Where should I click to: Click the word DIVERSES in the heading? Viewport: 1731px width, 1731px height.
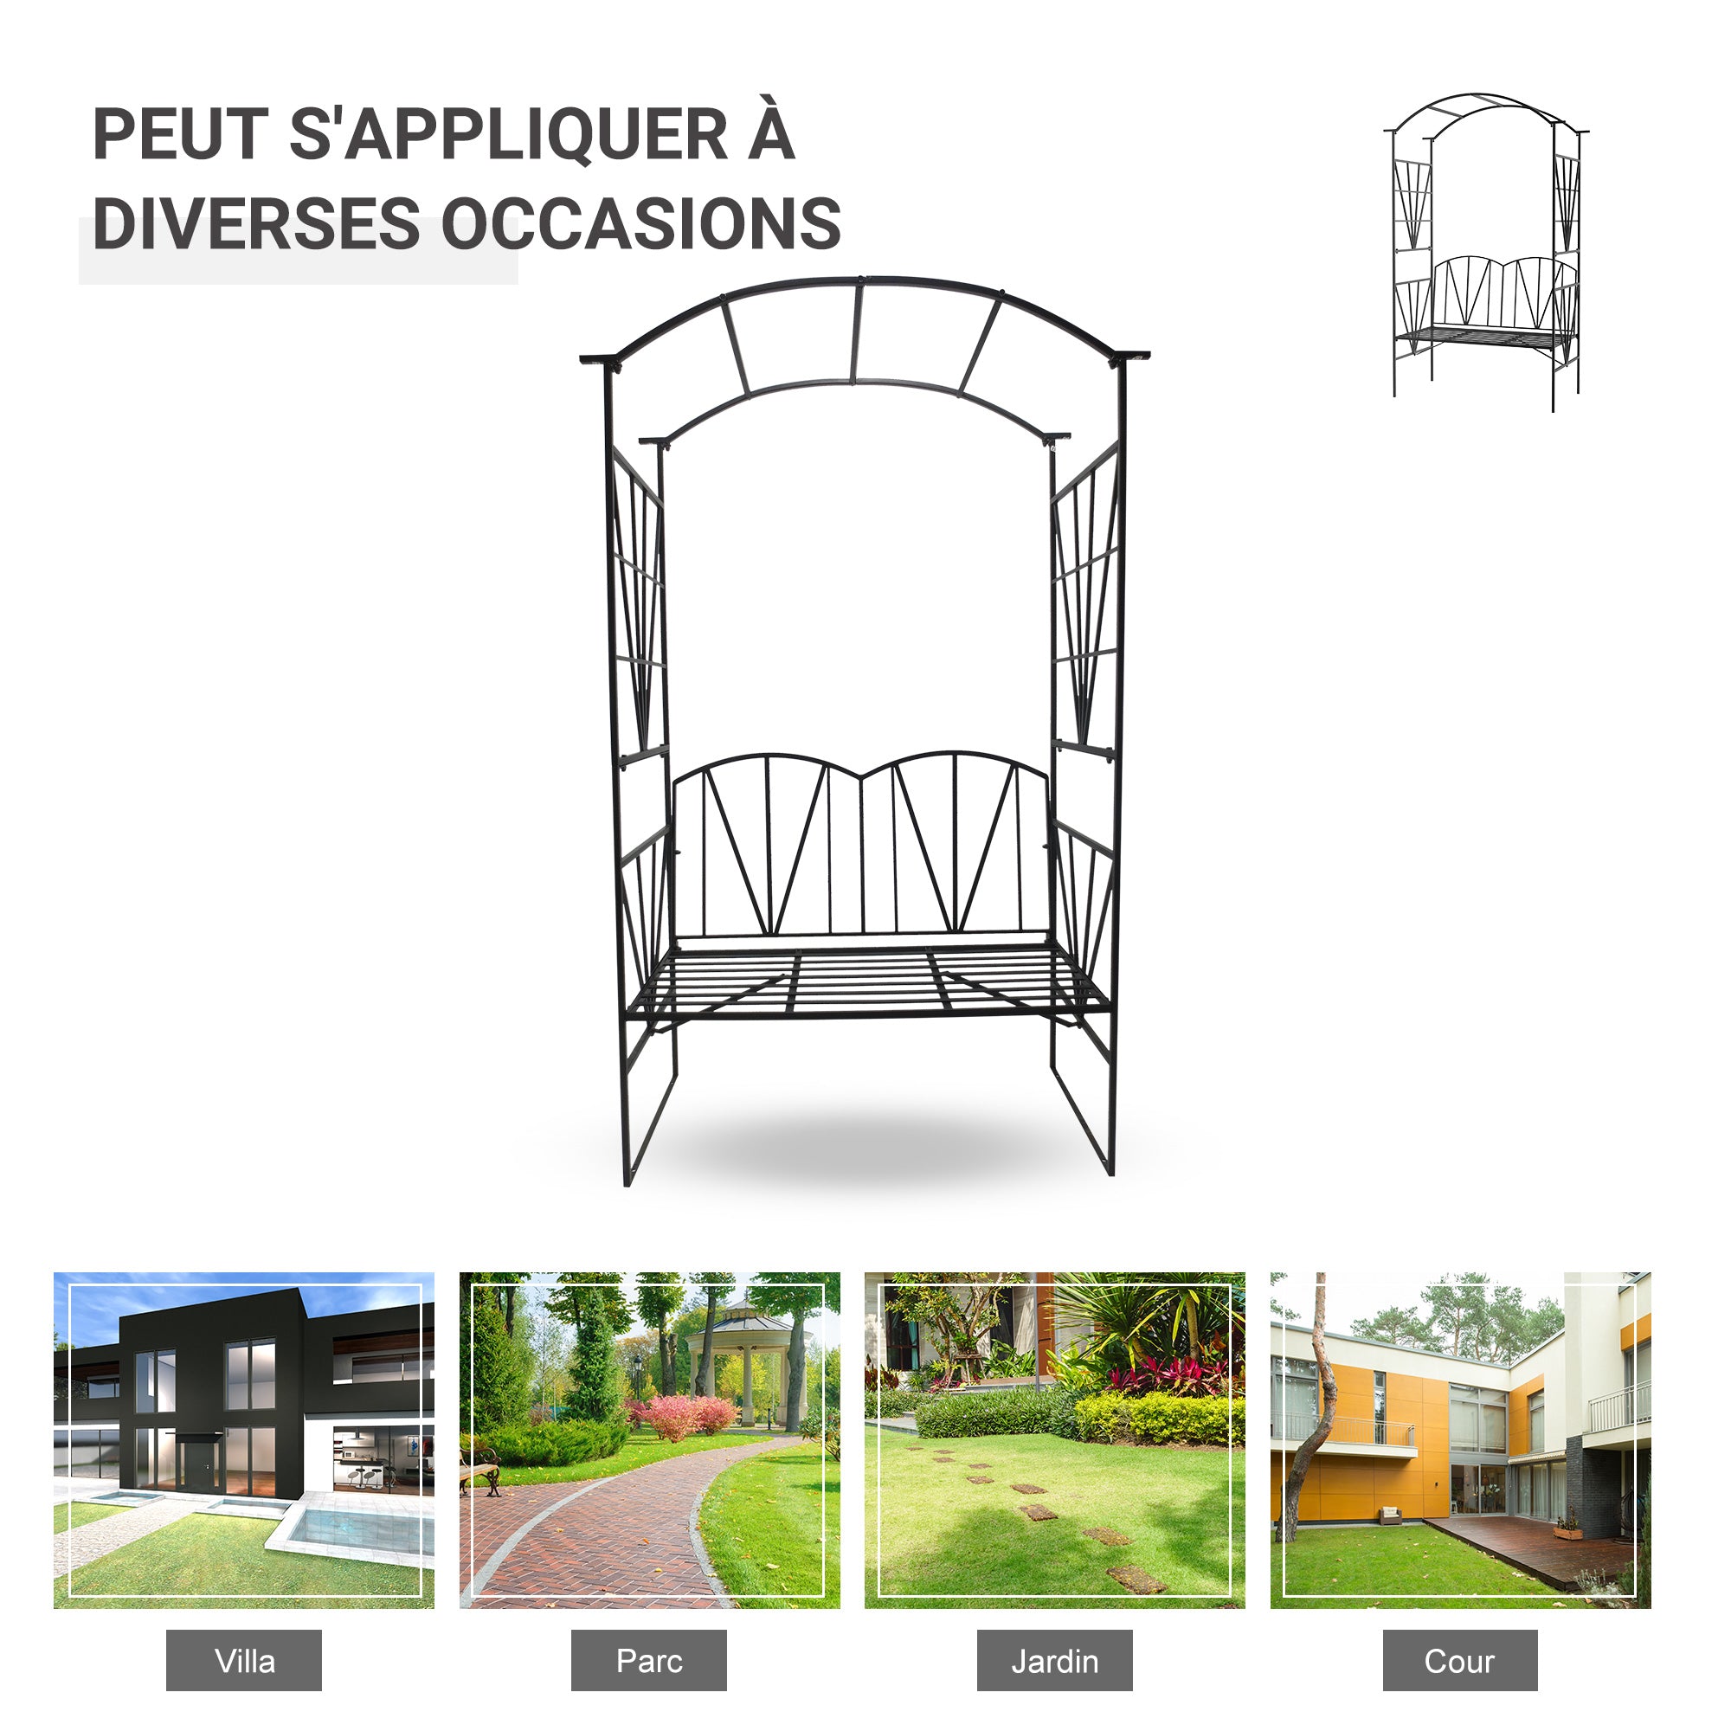(x=256, y=223)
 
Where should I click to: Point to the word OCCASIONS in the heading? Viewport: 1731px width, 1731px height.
(x=641, y=223)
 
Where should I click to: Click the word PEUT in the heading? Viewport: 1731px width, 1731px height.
(x=180, y=134)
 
